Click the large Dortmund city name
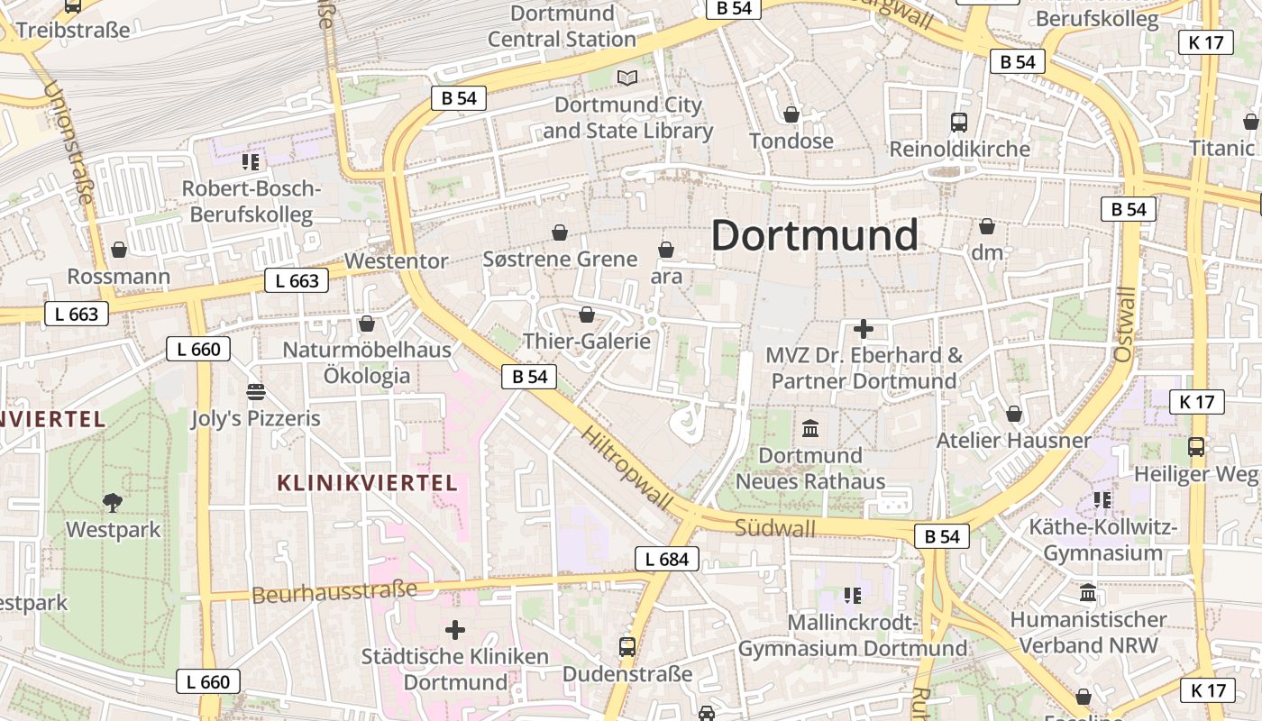[814, 235]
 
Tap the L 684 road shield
[667, 559]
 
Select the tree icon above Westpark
[113, 503]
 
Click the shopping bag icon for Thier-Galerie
[587, 315]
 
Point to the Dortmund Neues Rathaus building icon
[810, 428]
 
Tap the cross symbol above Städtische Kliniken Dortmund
[455, 629]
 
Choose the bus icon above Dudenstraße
[626, 647]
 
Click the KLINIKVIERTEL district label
[367, 483]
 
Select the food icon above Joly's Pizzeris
[256, 392]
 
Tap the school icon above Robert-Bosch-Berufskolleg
[250, 162]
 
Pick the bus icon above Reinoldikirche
[959, 123]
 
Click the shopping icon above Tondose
[791, 114]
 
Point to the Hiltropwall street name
[627, 469]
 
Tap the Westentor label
[397, 261]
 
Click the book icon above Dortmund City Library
[627, 78]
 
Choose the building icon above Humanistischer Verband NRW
[1088, 593]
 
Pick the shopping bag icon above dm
[987, 226]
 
